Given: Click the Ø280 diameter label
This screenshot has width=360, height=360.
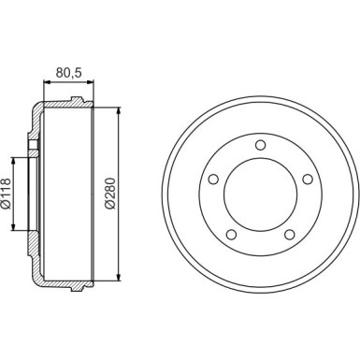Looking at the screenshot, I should click(109, 191).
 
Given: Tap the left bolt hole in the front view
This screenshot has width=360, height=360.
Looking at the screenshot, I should click(213, 178).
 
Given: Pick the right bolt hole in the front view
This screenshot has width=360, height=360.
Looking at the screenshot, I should click(304, 178).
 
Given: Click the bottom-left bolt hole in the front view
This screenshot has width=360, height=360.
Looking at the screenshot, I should click(231, 234).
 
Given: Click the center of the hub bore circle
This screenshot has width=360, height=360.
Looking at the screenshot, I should click(258, 191).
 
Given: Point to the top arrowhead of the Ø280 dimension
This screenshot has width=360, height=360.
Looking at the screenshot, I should click(120, 107).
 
